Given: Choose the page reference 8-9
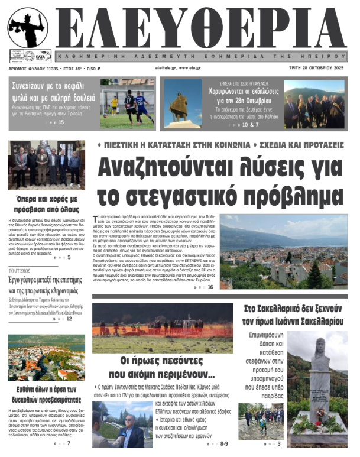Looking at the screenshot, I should click(x=223, y=443).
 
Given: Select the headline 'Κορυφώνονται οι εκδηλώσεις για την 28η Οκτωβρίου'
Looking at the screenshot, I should click(x=242, y=96).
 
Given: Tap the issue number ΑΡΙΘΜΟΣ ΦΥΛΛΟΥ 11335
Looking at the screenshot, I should click(x=34, y=69).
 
